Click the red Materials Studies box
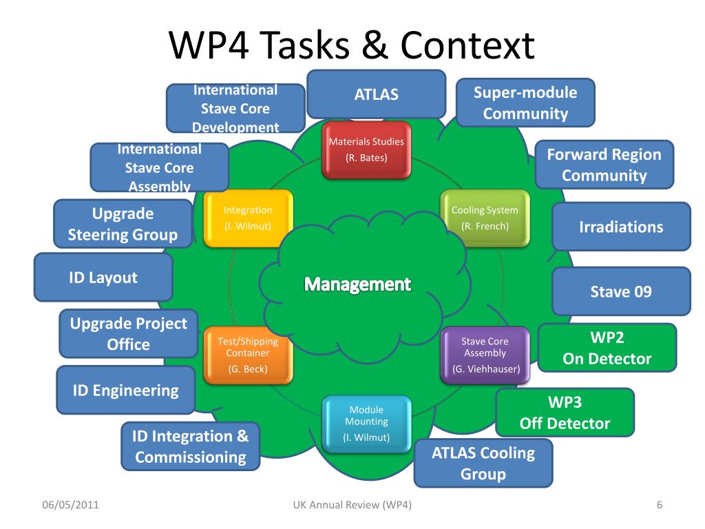(x=366, y=149)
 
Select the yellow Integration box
(x=248, y=218)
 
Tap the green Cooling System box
(x=485, y=218)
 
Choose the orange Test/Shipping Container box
(x=248, y=355)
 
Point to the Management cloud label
(x=357, y=284)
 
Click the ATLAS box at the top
(x=376, y=94)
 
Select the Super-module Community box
(x=525, y=103)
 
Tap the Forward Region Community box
(x=604, y=165)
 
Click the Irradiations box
(x=621, y=227)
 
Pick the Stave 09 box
(x=621, y=291)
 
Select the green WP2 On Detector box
(x=607, y=349)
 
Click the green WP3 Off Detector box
(x=565, y=413)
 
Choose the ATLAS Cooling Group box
(x=483, y=463)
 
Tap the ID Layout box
(x=103, y=278)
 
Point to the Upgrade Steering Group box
(x=123, y=224)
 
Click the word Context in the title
(x=467, y=45)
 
